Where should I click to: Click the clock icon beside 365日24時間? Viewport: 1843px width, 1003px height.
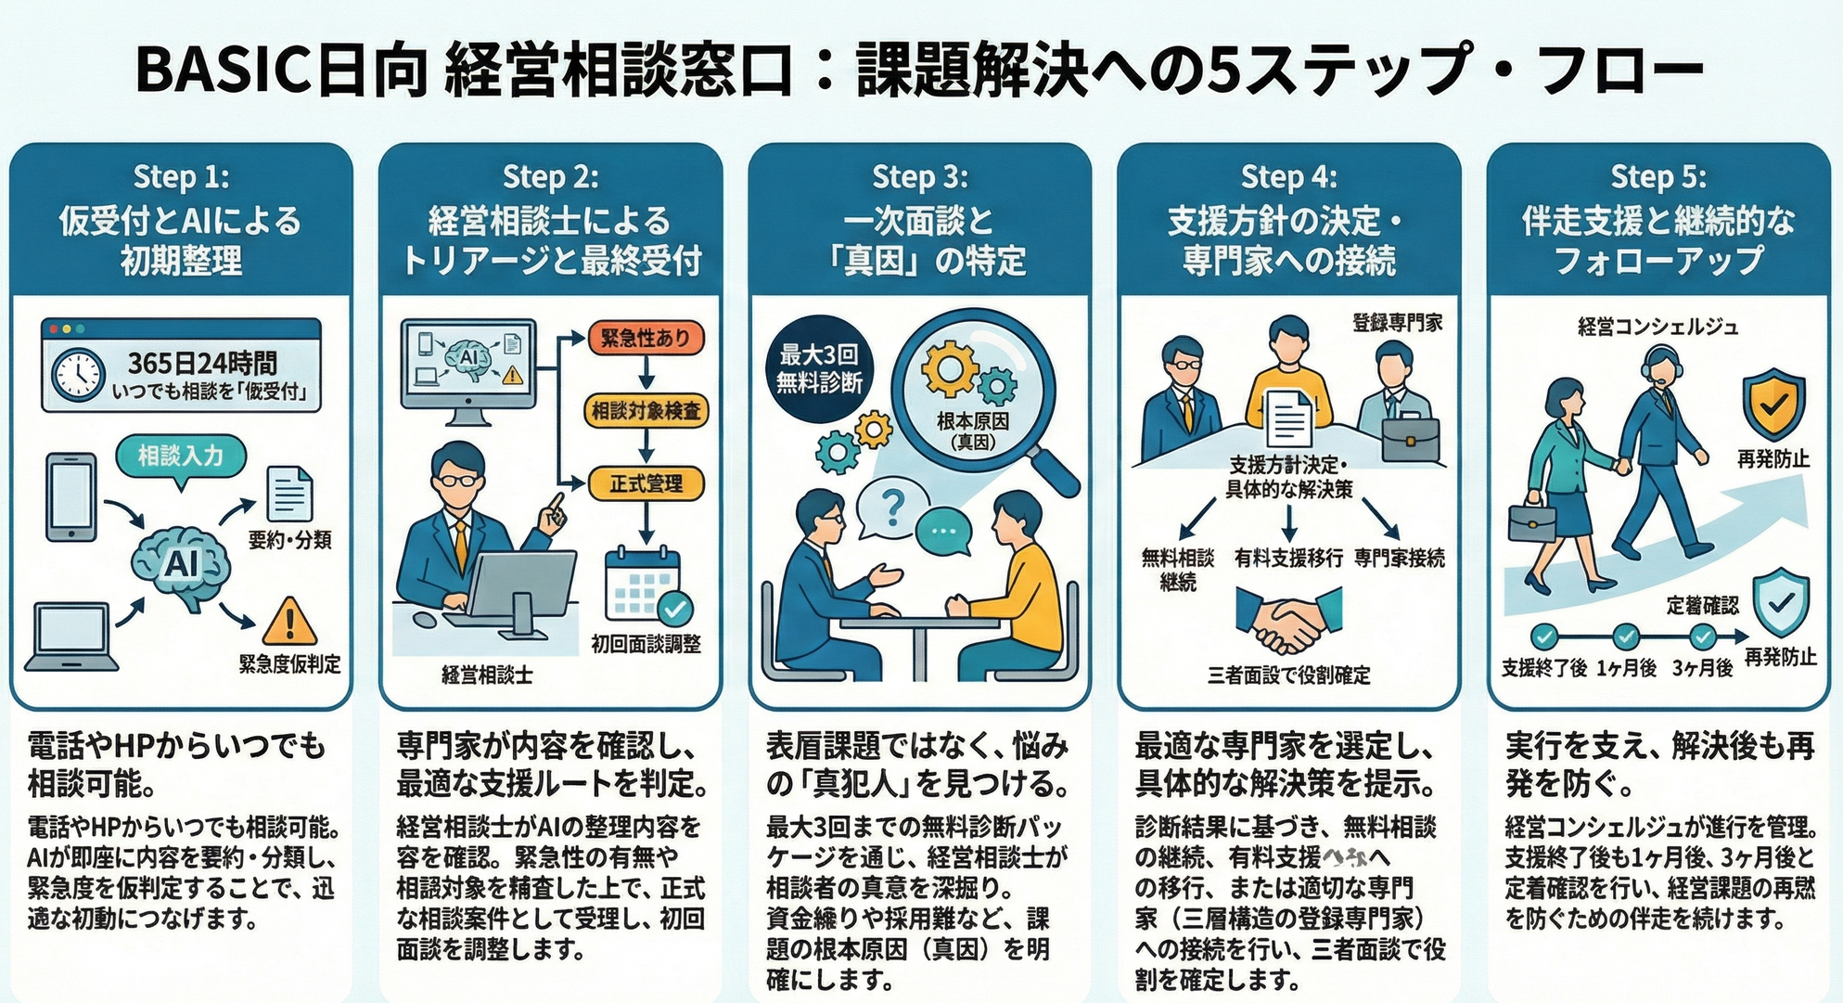(x=79, y=375)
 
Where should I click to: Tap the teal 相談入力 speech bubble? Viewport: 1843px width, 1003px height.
(x=181, y=456)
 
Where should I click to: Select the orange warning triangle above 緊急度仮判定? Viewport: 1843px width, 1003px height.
(x=289, y=621)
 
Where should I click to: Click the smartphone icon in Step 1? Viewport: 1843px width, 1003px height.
(x=71, y=496)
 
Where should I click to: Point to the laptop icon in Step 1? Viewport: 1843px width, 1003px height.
(x=71, y=636)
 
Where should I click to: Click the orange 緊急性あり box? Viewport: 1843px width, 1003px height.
(x=646, y=338)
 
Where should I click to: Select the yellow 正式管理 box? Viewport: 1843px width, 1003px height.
(x=646, y=483)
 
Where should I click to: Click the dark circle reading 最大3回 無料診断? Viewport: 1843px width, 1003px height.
(x=819, y=368)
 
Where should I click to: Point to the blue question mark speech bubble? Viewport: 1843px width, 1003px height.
(x=891, y=508)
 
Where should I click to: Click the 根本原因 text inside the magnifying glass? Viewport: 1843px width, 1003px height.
(x=973, y=421)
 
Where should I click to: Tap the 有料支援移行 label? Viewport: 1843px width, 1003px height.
(x=1288, y=558)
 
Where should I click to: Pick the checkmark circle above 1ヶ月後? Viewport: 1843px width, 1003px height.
(x=1625, y=637)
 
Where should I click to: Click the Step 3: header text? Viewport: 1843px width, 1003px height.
(x=919, y=176)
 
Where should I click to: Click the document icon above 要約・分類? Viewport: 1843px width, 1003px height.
(x=289, y=494)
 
